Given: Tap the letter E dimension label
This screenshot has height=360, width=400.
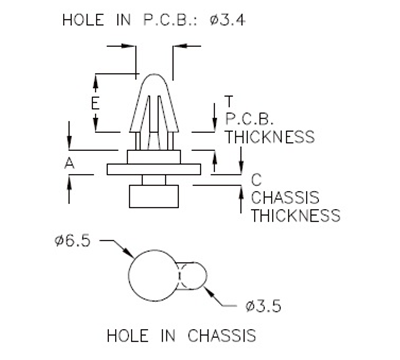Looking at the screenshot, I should (x=94, y=103).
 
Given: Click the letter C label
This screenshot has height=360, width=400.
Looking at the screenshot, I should (x=256, y=180).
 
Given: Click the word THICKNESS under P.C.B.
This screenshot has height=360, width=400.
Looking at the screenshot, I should (x=270, y=137).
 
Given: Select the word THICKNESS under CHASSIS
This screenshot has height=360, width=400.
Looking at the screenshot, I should (x=295, y=215).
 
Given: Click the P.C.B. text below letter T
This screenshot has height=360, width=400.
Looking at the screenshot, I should (x=250, y=119).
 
